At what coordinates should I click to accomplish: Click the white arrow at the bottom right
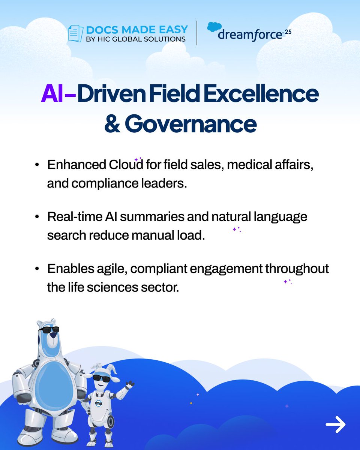pyautogui.click(x=335, y=424)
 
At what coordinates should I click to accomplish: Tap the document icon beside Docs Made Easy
pyautogui.click(x=75, y=34)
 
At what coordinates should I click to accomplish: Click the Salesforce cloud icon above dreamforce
pyautogui.click(x=214, y=27)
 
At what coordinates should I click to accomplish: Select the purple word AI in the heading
pyautogui.click(x=52, y=95)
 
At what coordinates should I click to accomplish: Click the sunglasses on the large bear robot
pyautogui.click(x=49, y=330)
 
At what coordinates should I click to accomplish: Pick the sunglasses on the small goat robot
pyautogui.click(x=101, y=378)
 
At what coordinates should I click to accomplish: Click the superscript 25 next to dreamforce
pyautogui.click(x=288, y=32)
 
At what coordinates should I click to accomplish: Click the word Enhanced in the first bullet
pyautogui.click(x=76, y=165)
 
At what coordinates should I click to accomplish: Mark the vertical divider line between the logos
pyautogui.click(x=197, y=33)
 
